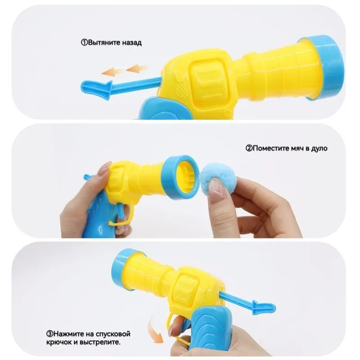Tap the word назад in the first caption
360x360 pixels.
(132, 43)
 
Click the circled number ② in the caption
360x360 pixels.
(249, 148)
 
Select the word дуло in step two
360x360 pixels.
(319, 148)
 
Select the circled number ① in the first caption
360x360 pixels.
(84, 43)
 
